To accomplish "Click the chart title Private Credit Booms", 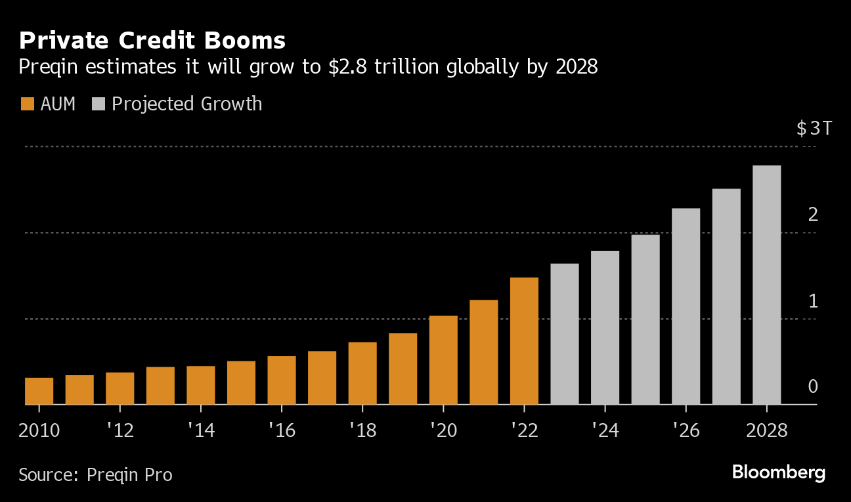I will (152, 41).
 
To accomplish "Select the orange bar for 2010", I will (39, 391).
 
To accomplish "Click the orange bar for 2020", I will (443, 360).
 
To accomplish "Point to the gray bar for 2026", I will (686, 306).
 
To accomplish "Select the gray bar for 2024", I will (605, 327).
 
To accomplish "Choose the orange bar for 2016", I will (282, 380).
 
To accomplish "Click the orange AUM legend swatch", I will (27, 104).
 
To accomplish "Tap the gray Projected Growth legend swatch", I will (99, 104).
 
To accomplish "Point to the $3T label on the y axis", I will (814, 128).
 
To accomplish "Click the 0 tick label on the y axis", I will (813, 386).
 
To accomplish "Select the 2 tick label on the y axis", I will (813, 214).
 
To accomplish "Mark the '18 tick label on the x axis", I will (362, 430).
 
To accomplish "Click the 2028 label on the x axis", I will (766, 430).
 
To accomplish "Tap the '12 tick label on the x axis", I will (120, 430).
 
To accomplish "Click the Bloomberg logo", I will (778, 472).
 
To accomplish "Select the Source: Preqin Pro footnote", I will (95, 474).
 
